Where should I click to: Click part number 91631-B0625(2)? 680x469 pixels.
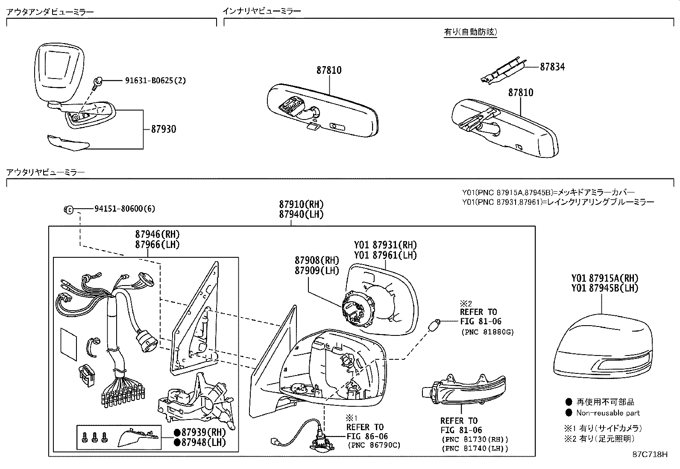pyautogui.click(x=155, y=80)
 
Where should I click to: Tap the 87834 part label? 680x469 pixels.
pyautogui.click(x=552, y=67)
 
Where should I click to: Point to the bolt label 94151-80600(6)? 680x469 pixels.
pyautogui.click(x=124, y=209)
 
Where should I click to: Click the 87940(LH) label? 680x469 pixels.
pyautogui.click(x=301, y=215)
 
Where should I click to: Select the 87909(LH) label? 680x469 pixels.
pyautogui.click(x=317, y=271)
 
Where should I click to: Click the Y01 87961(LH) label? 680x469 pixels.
pyautogui.click(x=385, y=255)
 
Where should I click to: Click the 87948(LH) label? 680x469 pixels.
pyautogui.click(x=202, y=442)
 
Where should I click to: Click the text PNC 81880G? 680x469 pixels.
pyautogui.click(x=487, y=332)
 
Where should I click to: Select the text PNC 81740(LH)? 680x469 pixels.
pyautogui.click(x=475, y=449)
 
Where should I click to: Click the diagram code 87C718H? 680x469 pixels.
pyautogui.click(x=650, y=454)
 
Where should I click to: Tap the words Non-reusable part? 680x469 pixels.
pyautogui.click(x=608, y=413)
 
